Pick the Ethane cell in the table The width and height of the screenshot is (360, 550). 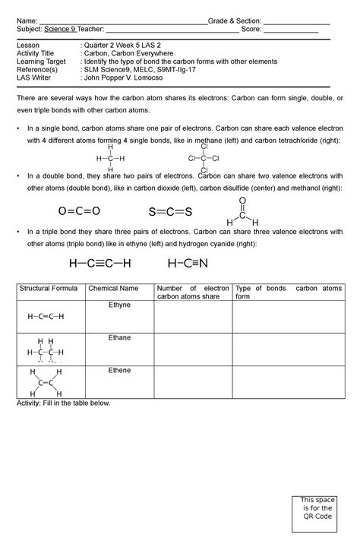point(120,337)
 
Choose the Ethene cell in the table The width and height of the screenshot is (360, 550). point(120,370)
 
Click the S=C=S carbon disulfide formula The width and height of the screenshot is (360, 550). point(170,211)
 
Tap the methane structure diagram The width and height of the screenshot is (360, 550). point(110,159)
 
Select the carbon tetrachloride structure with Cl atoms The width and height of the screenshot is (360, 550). point(204,158)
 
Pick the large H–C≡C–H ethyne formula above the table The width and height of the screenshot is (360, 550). point(99,264)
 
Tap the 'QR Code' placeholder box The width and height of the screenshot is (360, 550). point(317,514)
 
